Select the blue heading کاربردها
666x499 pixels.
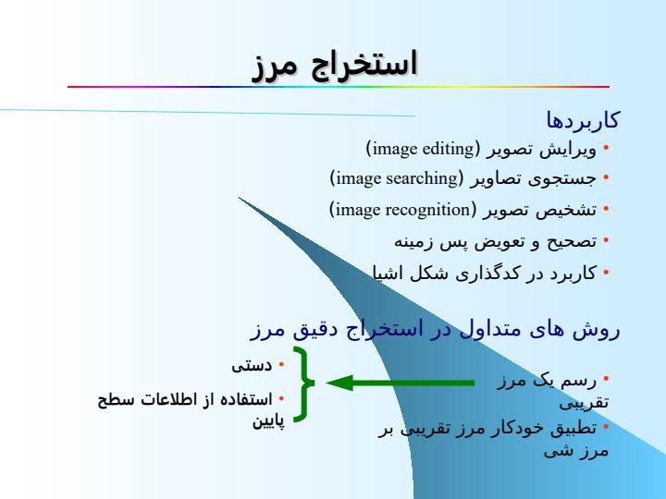[583, 119]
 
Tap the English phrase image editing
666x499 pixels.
[423, 149]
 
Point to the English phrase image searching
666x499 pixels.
[397, 178]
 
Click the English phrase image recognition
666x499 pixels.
[402, 210]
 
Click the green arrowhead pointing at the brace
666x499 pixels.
[339, 383]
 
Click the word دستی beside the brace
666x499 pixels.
[252, 365]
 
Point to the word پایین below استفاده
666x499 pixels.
[268, 421]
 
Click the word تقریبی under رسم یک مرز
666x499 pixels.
[584, 403]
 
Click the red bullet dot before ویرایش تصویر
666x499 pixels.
[606, 148]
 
